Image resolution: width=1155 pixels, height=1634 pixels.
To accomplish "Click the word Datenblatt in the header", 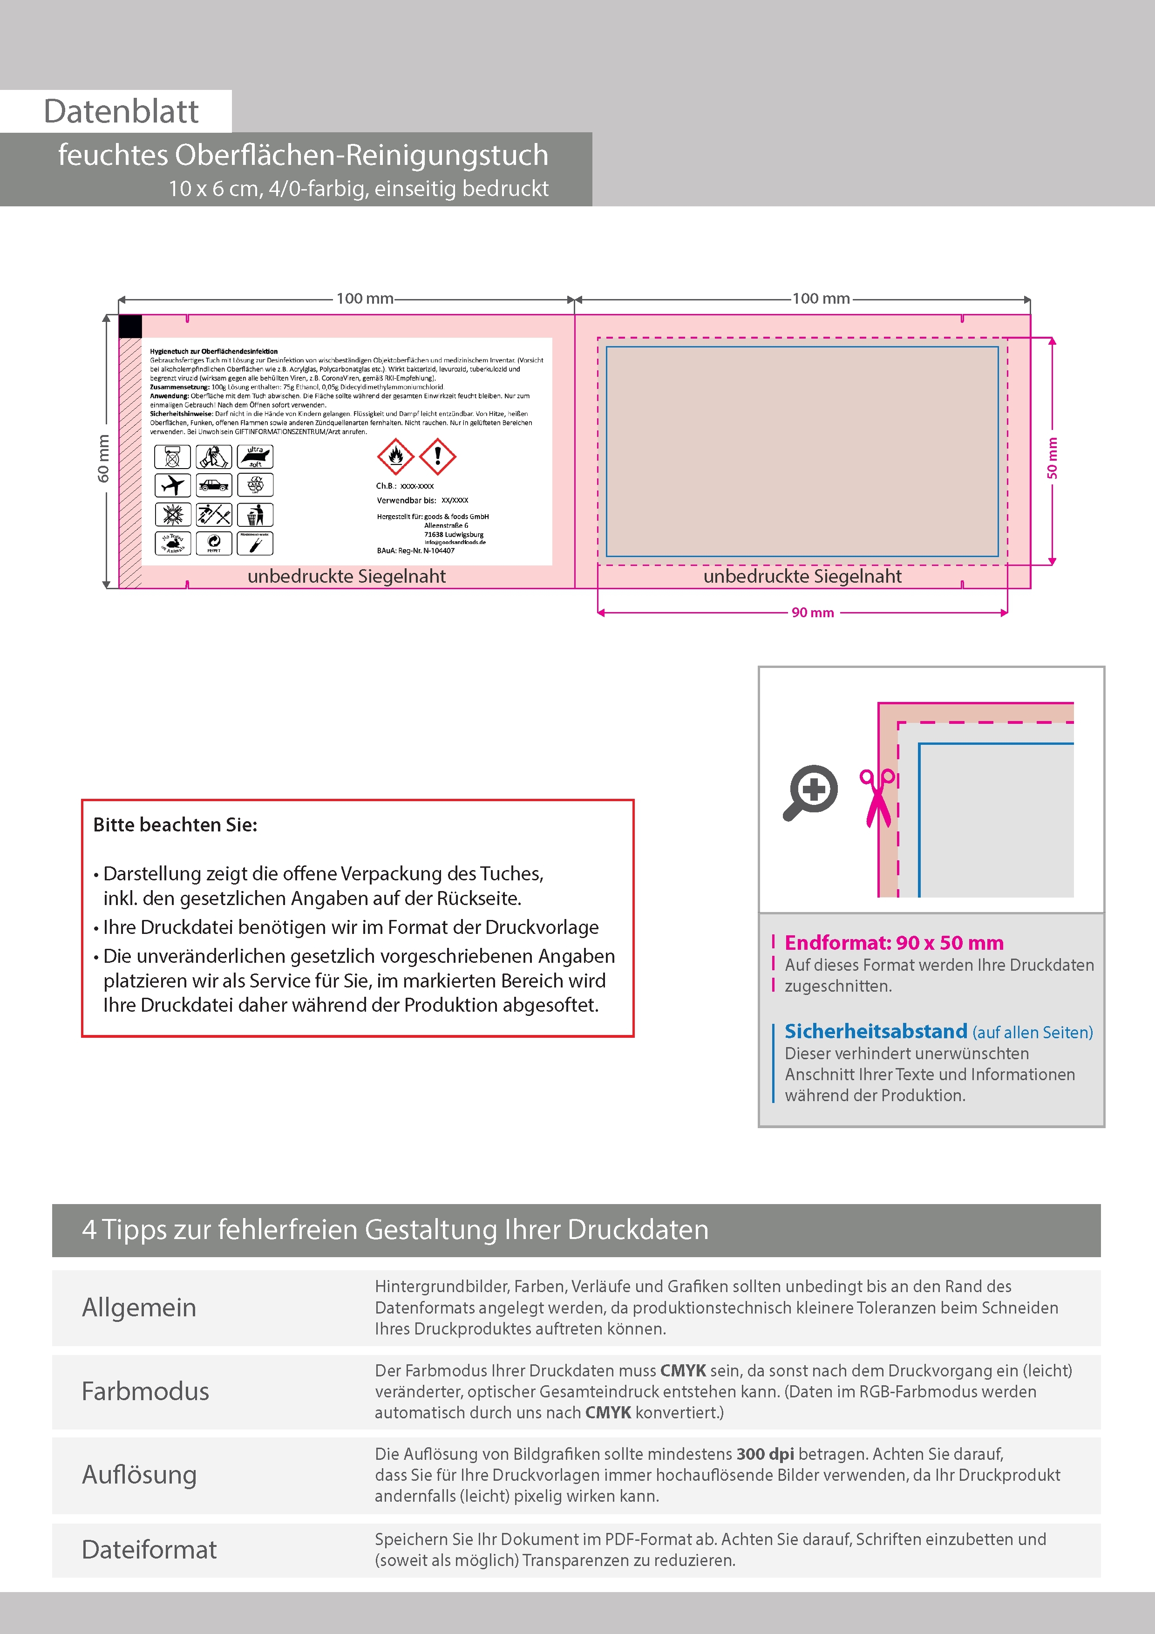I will click(x=121, y=112).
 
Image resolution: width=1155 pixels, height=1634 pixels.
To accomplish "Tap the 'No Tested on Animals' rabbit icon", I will click(x=172, y=543).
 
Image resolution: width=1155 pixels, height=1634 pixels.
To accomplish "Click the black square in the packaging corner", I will click(x=130, y=327).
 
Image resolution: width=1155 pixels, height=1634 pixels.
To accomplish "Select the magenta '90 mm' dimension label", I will click(x=813, y=613).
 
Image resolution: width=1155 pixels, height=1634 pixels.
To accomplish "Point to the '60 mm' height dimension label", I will click(x=104, y=459).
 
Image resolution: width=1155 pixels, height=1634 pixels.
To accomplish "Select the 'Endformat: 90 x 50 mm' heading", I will click(x=894, y=942).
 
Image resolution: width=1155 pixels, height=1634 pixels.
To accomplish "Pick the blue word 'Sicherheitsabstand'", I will click(x=875, y=1031).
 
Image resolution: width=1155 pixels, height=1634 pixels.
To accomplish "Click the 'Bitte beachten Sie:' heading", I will click(x=175, y=825).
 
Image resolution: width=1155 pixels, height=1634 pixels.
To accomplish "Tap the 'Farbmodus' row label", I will click(x=145, y=1391).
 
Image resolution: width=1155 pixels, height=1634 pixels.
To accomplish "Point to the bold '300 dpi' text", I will click(x=765, y=1454).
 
